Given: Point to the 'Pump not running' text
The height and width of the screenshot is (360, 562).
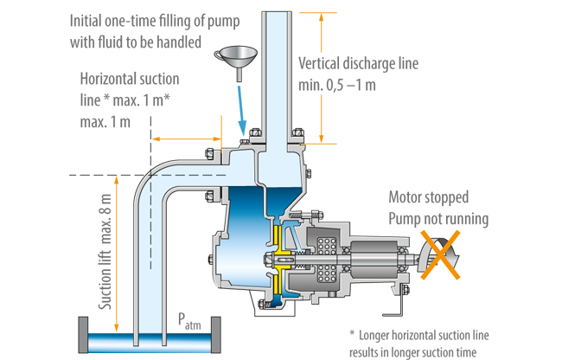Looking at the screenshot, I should [437, 218].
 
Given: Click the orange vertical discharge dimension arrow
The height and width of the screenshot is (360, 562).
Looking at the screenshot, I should [321, 78].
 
